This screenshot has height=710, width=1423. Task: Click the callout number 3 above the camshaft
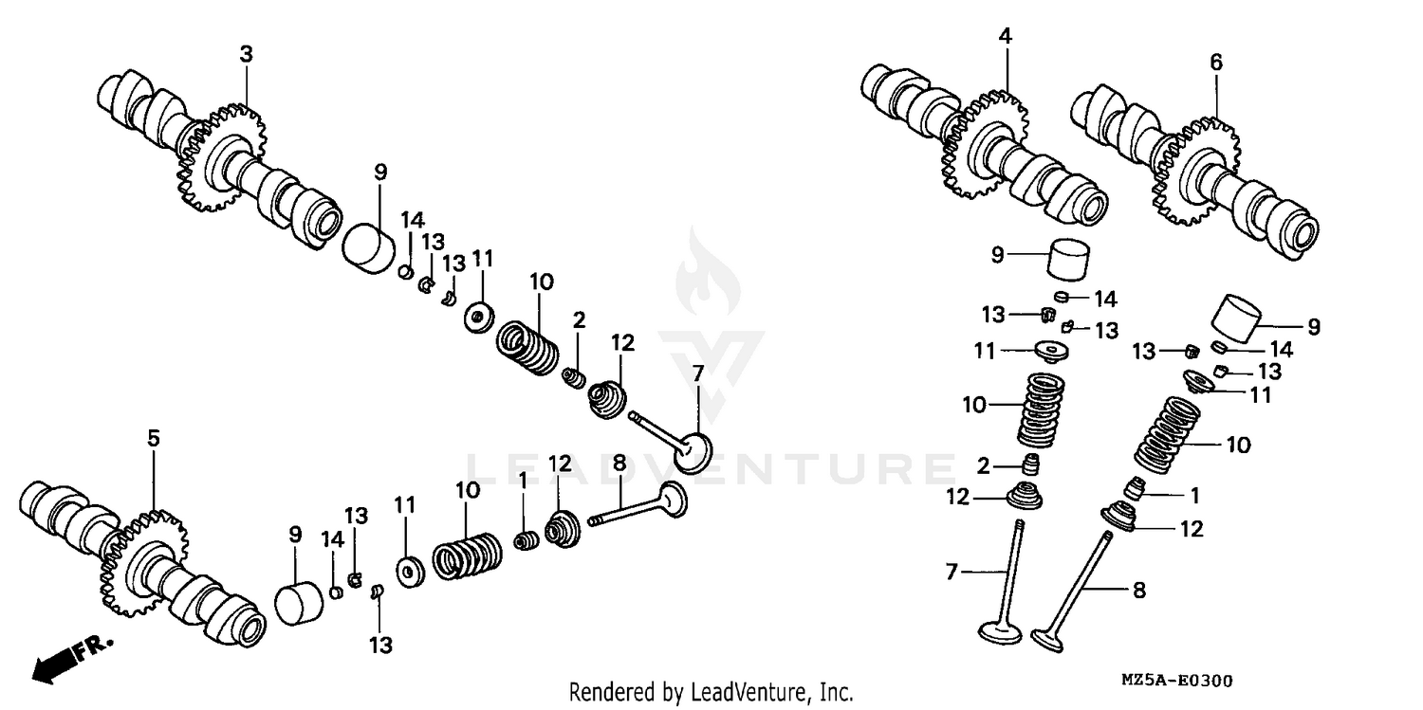tap(246, 55)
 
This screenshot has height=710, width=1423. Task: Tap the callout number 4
tap(1005, 37)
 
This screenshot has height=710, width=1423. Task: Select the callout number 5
tap(154, 438)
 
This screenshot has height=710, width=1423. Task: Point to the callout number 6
tap(1215, 63)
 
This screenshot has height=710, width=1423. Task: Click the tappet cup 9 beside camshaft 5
tap(300, 601)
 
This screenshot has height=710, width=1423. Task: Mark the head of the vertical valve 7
tap(1002, 629)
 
